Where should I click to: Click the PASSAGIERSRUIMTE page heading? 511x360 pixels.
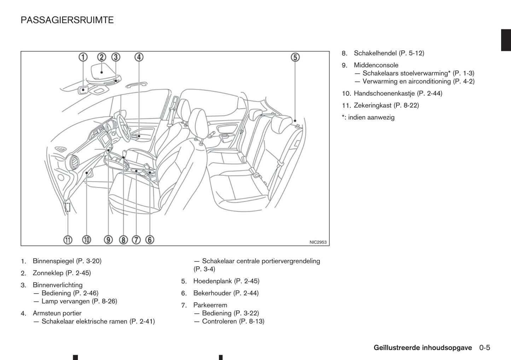(67, 20)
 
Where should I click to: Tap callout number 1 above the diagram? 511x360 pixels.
(83, 57)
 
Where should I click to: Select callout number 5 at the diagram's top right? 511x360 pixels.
(295, 57)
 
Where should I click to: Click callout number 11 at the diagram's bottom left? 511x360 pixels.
(68, 240)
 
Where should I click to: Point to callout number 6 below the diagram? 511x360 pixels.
(150, 240)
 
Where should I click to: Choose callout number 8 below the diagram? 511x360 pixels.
(123, 240)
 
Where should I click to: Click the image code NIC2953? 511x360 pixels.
(318, 242)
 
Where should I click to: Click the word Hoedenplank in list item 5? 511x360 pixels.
(213, 281)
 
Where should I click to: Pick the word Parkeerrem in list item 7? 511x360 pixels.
(210, 305)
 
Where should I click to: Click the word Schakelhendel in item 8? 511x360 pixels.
(375, 53)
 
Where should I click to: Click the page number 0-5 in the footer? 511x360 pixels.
(485, 348)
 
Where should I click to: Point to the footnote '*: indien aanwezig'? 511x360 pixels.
(368, 118)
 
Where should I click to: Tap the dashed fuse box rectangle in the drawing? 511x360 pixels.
(68, 207)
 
